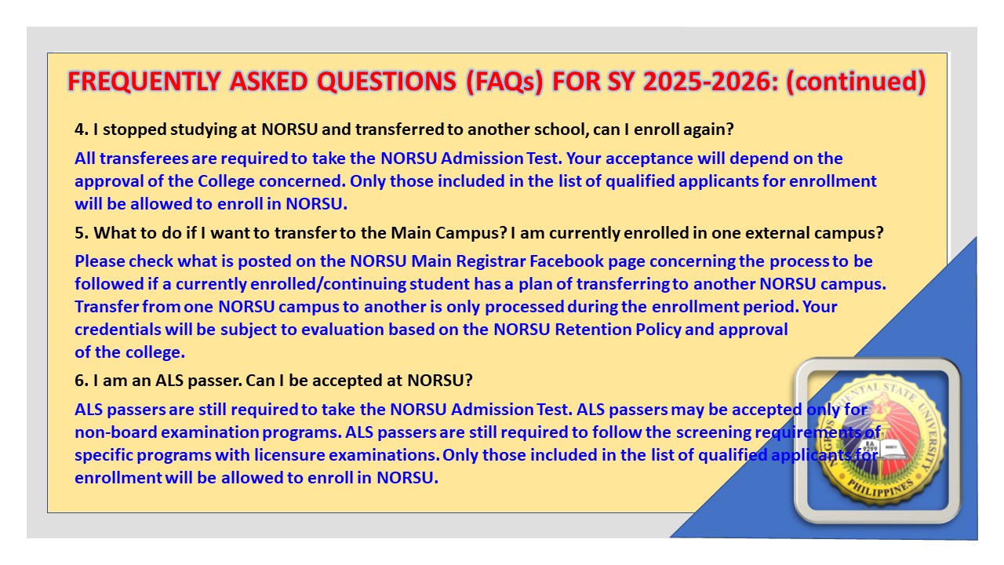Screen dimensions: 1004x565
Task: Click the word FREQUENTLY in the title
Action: (x=144, y=82)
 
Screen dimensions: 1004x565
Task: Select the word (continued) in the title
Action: (x=856, y=82)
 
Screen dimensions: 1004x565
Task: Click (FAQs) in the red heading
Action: (x=504, y=82)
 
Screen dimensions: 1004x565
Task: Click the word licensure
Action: (x=289, y=455)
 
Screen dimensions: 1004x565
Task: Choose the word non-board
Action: (x=115, y=432)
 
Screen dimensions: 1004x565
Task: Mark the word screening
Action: (x=713, y=432)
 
